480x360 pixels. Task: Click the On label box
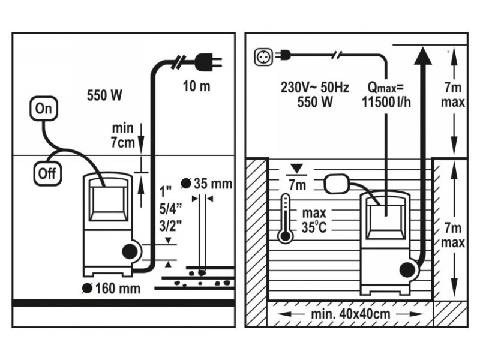[44, 109]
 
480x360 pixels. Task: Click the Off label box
[46, 173]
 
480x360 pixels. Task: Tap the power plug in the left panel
[208, 61]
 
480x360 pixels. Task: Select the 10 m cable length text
[197, 86]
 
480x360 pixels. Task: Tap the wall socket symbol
[263, 56]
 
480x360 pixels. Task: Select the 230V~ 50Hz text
[315, 86]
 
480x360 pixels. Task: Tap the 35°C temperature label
[314, 228]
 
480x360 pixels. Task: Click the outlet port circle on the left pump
[128, 252]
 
